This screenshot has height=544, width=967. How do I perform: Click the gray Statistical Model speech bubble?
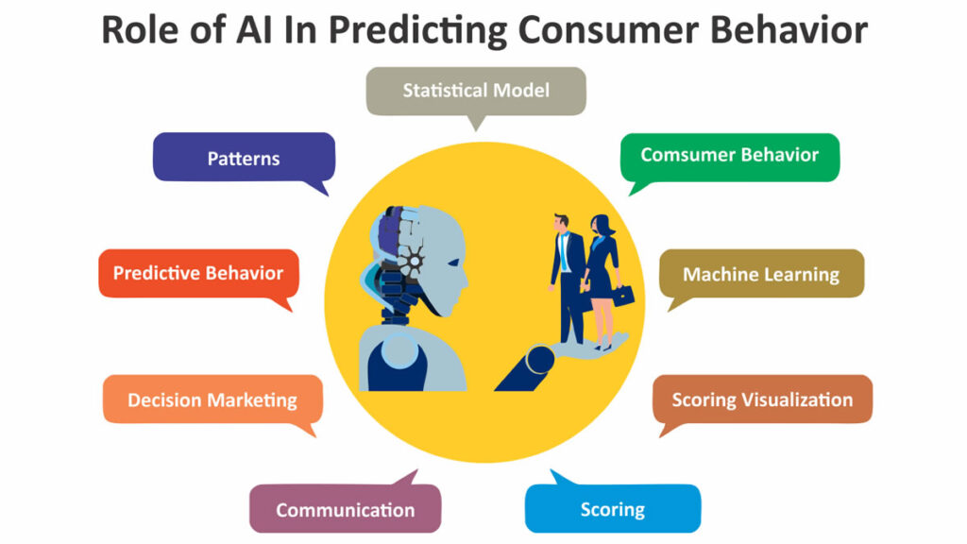tap(476, 92)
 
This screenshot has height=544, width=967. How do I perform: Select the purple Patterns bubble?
tap(245, 158)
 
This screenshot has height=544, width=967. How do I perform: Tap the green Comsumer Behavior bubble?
tap(730, 157)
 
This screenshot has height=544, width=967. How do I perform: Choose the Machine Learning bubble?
tap(762, 274)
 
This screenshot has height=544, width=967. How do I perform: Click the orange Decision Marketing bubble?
tap(212, 399)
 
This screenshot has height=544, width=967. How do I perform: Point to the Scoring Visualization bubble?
tap(762, 399)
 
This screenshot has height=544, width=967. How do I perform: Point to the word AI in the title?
tap(253, 29)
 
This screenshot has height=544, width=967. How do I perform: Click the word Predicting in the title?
tap(417, 31)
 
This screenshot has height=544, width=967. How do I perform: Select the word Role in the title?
tap(140, 29)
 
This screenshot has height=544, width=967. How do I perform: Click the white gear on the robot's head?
tap(414, 261)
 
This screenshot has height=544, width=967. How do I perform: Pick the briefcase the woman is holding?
tap(623, 296)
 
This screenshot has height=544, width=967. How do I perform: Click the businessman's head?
tap(561, 222)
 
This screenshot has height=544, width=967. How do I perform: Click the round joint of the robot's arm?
tap(539, 360)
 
